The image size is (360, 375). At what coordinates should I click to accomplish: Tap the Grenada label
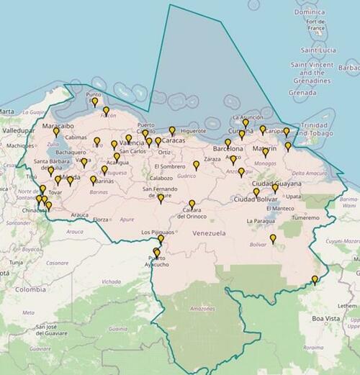(302, 92)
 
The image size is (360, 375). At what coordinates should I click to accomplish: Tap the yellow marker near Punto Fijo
(94, 101)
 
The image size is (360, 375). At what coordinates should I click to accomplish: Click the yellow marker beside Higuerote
(172, 130)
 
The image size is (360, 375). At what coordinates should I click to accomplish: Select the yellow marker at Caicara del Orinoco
(192, 204)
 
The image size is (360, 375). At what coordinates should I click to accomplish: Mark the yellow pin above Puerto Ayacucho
(156, 251)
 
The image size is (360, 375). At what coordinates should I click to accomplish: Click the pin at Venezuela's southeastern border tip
(314, 279)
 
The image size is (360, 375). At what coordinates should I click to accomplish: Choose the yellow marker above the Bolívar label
(273, 238)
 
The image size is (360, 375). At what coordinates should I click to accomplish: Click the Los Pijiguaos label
(158, 232)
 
